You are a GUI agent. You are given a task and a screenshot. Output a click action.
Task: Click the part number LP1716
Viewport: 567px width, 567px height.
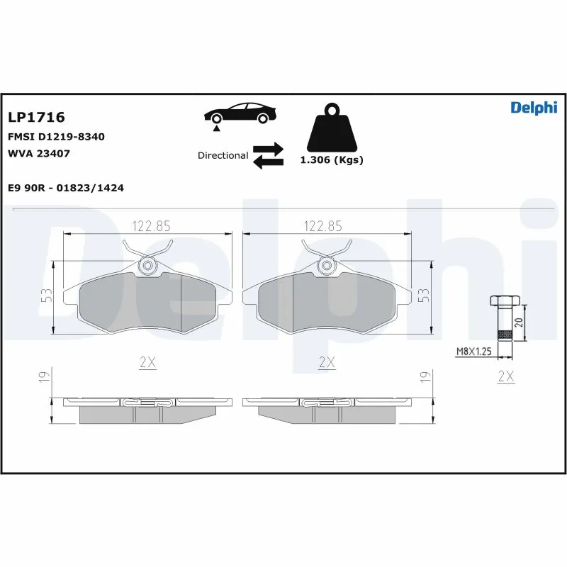click(36, 116)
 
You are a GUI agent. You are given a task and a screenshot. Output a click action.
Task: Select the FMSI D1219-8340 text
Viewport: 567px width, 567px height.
click(56, 136)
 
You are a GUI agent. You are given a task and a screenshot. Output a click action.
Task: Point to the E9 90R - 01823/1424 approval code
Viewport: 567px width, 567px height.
click(66, 188)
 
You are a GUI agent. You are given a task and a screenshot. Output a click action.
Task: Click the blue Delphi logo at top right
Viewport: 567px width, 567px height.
click(534, 107)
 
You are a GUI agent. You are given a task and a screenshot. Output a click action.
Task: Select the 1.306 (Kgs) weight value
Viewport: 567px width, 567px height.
click(331, 160)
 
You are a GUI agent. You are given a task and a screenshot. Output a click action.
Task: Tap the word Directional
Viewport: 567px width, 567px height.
click(223, 155)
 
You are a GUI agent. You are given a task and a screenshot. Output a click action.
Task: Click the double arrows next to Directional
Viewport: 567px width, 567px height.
click(268, 156)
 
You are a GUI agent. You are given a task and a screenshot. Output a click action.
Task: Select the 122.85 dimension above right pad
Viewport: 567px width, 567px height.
click(322, 226)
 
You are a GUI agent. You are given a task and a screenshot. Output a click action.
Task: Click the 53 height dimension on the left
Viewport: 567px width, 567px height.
click(45, 297)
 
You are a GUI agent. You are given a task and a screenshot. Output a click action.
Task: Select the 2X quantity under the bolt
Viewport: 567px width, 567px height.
click(505, 376)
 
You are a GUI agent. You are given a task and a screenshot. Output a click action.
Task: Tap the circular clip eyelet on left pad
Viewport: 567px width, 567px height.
click(147, 266)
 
